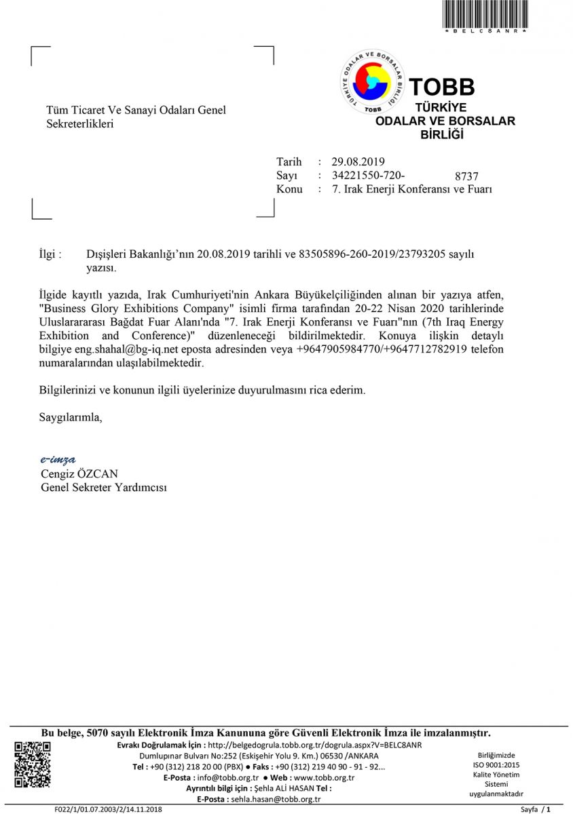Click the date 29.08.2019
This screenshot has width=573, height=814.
(358, 161)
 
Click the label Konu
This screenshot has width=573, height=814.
(289, 189)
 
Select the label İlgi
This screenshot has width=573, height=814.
(51, 254)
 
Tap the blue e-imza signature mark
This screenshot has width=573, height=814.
(58, 460)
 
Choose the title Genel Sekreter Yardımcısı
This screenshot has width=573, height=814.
(104, 487)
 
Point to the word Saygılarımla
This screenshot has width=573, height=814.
(71, 416)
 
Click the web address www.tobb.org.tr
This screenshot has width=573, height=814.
(325, 777)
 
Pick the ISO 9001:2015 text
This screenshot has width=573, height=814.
(496, 764)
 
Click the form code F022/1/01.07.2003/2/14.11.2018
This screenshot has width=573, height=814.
(109, 809)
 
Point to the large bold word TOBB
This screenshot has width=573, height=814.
(441, 87)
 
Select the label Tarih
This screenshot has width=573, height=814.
(289, 161)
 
